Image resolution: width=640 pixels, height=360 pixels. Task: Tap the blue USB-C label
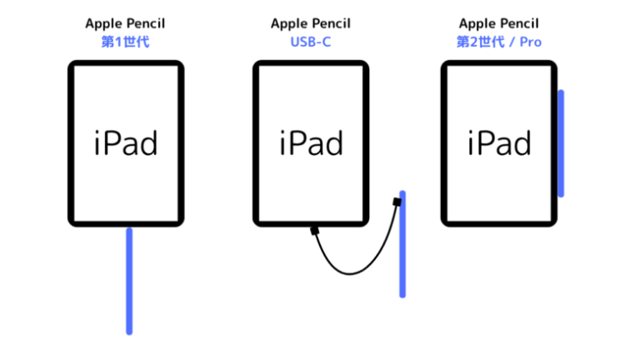click(311, 41)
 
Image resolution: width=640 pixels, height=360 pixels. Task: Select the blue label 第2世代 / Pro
click(499, 41)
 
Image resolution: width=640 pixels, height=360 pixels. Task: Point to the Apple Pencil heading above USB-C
click(311, 23)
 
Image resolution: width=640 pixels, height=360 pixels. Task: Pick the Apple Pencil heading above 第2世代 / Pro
click(499, 23)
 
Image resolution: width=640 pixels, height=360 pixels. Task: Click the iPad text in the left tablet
click(125, 142)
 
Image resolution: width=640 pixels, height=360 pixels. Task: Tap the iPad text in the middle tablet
click(311, 142)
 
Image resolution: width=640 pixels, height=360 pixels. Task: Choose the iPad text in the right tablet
click(499, 142)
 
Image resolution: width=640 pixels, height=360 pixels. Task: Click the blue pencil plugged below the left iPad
click(129, 280)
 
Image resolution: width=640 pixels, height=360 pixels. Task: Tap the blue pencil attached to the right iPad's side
click(561, 142)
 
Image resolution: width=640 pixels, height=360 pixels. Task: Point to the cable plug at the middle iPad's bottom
click(315, 230)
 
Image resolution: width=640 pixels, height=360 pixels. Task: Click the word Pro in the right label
click(531, 41)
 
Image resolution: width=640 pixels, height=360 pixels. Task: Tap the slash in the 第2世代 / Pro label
click(512, 41)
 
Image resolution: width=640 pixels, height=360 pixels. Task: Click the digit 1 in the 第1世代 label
click(117, 41)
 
